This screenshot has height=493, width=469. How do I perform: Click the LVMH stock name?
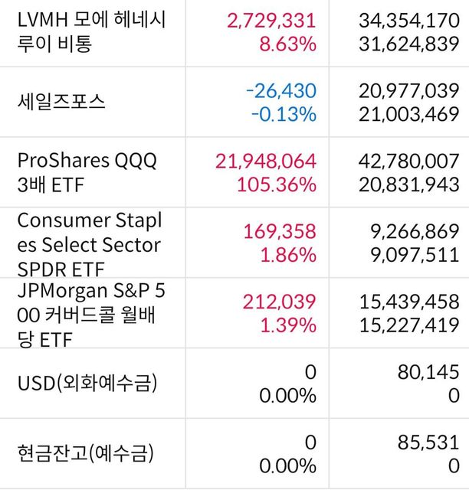pyautogui.click(x=91, y=31)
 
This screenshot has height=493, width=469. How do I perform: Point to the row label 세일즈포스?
pyautogui.click(x=63, y=102)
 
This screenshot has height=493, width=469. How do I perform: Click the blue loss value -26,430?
pyautogui.click(x=280, y=90)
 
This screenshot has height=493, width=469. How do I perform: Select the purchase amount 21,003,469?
pyautogui.click(x=408, y=116)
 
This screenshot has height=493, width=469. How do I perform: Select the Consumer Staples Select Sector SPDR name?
pyautogui.click(x=89, y=245)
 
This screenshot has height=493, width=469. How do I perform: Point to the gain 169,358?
pyautogui.click(x=279, y=231)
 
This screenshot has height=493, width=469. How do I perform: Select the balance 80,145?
pyautogui.click(x=426, y=371)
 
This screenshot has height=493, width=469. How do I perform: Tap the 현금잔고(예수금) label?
pyautogui.click(x=85, y=452)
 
